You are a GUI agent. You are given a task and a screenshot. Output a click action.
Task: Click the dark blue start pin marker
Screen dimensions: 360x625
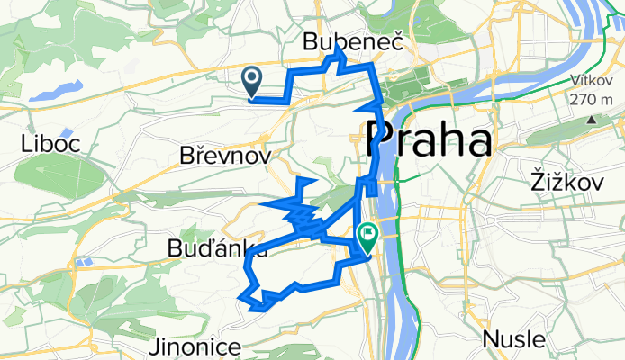click(x=252, y=81)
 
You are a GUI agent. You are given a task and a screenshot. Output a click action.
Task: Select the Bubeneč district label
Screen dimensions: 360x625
click(x=353, y=42)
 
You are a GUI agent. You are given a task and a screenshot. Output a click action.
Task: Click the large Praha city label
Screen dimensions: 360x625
click(x=430, y=140)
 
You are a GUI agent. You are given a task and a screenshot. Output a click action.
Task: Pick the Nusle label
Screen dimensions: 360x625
click(x=513, y=339)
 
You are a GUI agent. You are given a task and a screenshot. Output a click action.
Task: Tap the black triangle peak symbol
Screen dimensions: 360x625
click(x=591, y=119)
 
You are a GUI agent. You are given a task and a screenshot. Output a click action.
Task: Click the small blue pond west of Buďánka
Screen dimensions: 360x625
click(x=86, y=262)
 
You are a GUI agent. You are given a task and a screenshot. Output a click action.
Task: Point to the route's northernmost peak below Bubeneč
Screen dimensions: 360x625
click(x=339, y=52)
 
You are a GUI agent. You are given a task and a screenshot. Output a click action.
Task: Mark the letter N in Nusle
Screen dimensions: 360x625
click(x=492, y=339)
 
